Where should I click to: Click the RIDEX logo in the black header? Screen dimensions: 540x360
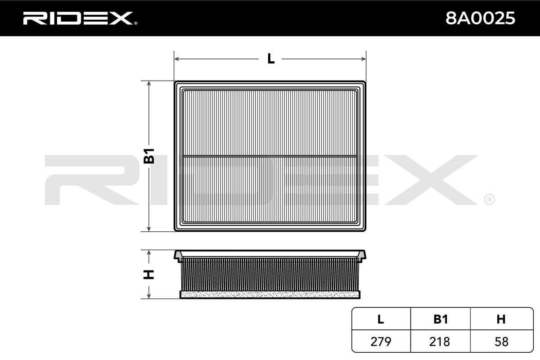point(80,18)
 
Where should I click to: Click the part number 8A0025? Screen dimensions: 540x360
point(480,18)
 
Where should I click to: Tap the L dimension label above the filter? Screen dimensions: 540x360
point(271,58)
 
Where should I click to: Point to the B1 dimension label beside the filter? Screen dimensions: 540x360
point(149,156)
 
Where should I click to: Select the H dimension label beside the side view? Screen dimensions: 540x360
point(149,274)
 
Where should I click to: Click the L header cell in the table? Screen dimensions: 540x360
point(381,319)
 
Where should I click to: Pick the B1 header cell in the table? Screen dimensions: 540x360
point(441,319)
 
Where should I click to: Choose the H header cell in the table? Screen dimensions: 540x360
point(501,319)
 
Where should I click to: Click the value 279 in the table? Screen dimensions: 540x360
point(381,342)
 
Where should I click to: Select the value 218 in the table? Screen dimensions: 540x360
point(440,342)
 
